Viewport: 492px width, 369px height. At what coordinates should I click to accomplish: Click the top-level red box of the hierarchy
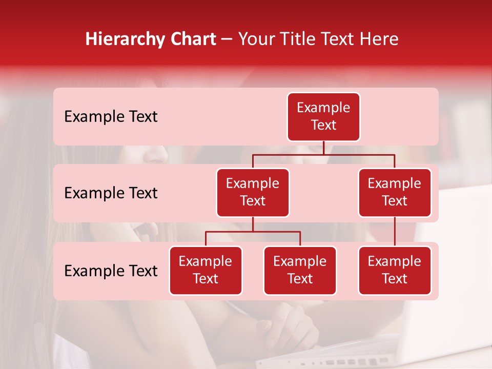point(323,117)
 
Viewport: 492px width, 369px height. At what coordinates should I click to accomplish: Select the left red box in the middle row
point(253,193)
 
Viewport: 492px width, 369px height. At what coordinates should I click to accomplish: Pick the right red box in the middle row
point(395,193)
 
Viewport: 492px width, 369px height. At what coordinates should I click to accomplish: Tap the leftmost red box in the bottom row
point(206,271)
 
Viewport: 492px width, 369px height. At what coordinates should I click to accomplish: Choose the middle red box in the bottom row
point(300,271)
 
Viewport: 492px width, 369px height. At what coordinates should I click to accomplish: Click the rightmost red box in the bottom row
point(395,271)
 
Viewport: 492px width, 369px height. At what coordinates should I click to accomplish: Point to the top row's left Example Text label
point(111,117)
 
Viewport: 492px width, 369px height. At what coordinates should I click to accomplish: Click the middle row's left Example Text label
point(111,193)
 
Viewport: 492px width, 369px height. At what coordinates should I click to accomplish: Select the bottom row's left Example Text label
point(111,271)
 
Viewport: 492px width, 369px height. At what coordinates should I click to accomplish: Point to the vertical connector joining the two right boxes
point(395,232)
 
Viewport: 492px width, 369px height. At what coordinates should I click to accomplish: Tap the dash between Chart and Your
point(227,39)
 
